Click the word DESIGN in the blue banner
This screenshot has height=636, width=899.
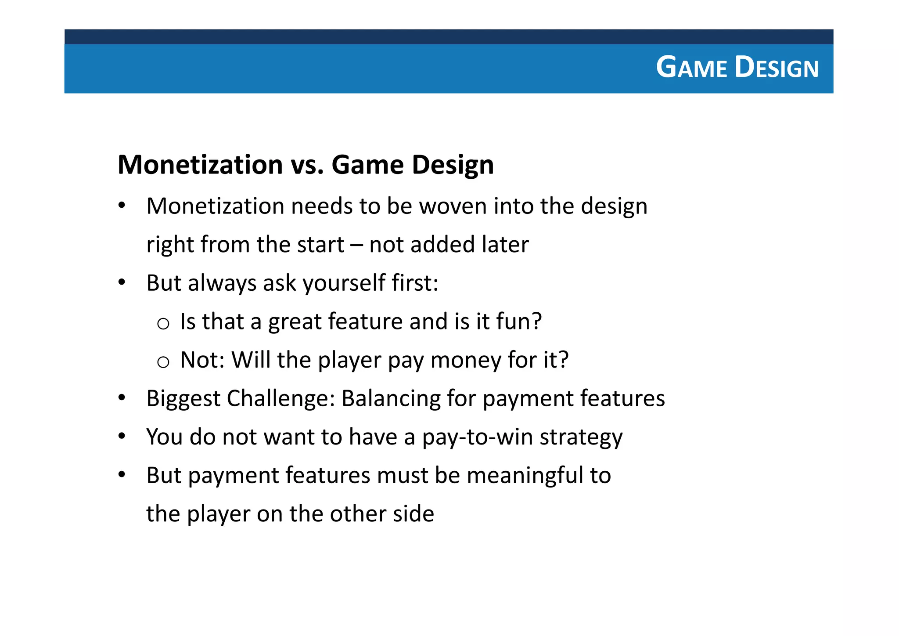click(x=776, y=68)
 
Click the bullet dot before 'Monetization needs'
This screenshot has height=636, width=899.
click(x=122, y=205)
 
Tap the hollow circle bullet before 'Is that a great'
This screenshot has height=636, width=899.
click(x=163, y=324)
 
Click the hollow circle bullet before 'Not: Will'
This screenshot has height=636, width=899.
click(x=163, y=362)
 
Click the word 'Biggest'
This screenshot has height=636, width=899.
click(x=183, y=399)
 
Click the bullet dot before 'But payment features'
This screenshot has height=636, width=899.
click(x=122, y=474)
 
